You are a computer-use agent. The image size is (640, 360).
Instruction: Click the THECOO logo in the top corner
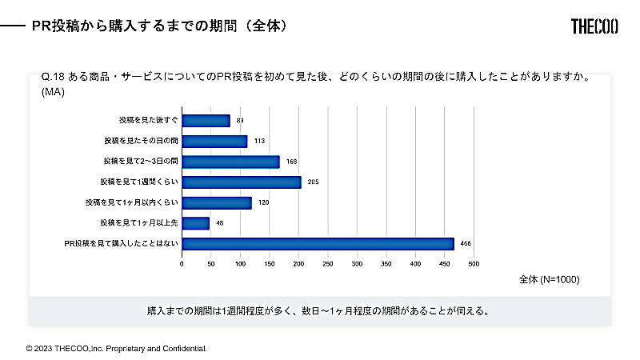[597, 26]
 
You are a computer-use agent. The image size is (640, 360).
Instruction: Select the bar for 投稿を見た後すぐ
[206, 121]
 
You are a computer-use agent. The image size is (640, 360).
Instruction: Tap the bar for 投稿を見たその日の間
[214, 142]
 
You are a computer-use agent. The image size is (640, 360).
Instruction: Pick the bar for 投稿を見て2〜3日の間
[230, 162]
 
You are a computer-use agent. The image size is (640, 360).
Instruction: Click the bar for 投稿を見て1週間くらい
[242, 182]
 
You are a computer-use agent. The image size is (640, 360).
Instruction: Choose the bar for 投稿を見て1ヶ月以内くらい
[217, 203]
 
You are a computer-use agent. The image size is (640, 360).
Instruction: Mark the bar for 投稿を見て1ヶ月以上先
[195, 223]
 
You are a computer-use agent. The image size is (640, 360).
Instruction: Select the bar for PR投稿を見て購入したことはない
[318, 244]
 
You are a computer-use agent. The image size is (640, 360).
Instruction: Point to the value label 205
[313, 182]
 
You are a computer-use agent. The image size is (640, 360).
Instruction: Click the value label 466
[466, 244]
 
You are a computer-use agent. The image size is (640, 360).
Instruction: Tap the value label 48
[218, 224]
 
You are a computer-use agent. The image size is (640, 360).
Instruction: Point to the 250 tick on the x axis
[328, 263]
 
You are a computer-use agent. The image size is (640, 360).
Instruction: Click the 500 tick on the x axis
[474, 263]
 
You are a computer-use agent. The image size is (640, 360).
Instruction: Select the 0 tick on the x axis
[182, 263]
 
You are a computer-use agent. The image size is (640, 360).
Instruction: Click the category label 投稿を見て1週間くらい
[138, 182]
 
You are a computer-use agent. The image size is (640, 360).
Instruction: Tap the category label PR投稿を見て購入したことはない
[121, 244]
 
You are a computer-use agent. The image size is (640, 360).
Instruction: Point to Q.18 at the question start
[52, 78]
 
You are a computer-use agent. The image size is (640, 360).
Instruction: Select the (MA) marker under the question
[53, 92]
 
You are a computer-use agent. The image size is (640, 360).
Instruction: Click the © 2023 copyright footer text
[116, 349]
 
